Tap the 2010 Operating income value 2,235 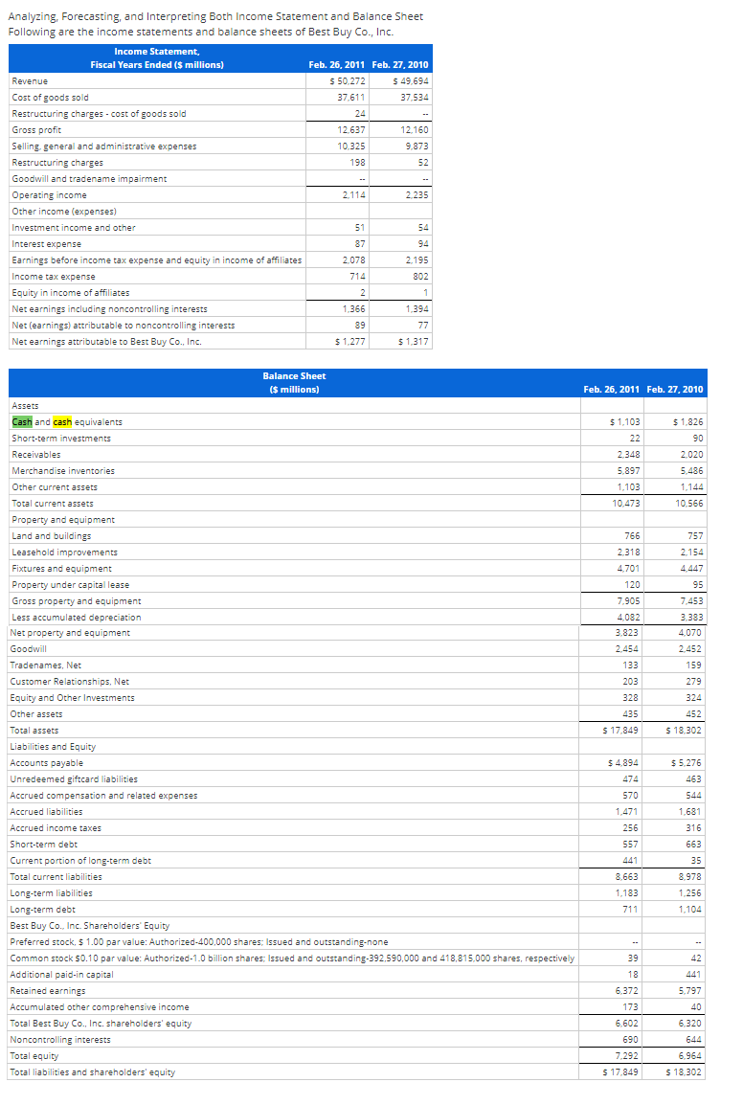pos(415,194)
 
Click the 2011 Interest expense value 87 pos(358,243)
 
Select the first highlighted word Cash pos(21,421)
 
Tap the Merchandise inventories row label pos(63,470)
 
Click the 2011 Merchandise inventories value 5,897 pos(626,470)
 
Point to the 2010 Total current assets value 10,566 pos(687,503)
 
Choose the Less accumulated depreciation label pos(76,617)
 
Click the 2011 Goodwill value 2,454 pos(626,649)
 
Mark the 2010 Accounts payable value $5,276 pos(687,763)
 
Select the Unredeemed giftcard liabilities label pos(74,778)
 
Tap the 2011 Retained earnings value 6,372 pos(626,990)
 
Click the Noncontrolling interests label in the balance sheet pos(59,1039)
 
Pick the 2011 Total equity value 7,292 pos(626,1055)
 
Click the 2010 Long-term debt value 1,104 pos(689,909)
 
